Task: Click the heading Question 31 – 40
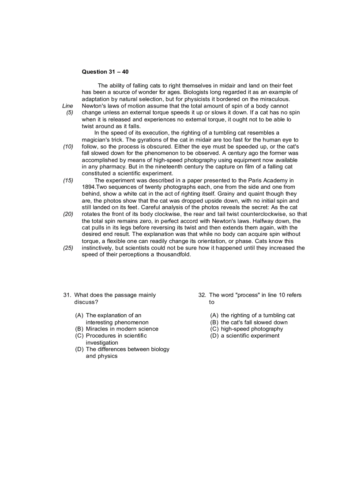click(x=105, y=71)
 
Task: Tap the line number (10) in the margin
click(x=68, y=146)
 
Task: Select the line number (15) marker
click(x=68, y=180)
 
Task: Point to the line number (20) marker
click(x=68, y=214)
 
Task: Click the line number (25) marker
click(x=68, y=248)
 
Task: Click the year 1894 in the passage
click(x=89, y=187)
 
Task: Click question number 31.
click(x=67, y=295)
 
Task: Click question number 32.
click(x=202, y=295)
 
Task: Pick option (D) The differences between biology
click(x=122, y=349)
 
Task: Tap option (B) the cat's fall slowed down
click(x=249, y=322)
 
